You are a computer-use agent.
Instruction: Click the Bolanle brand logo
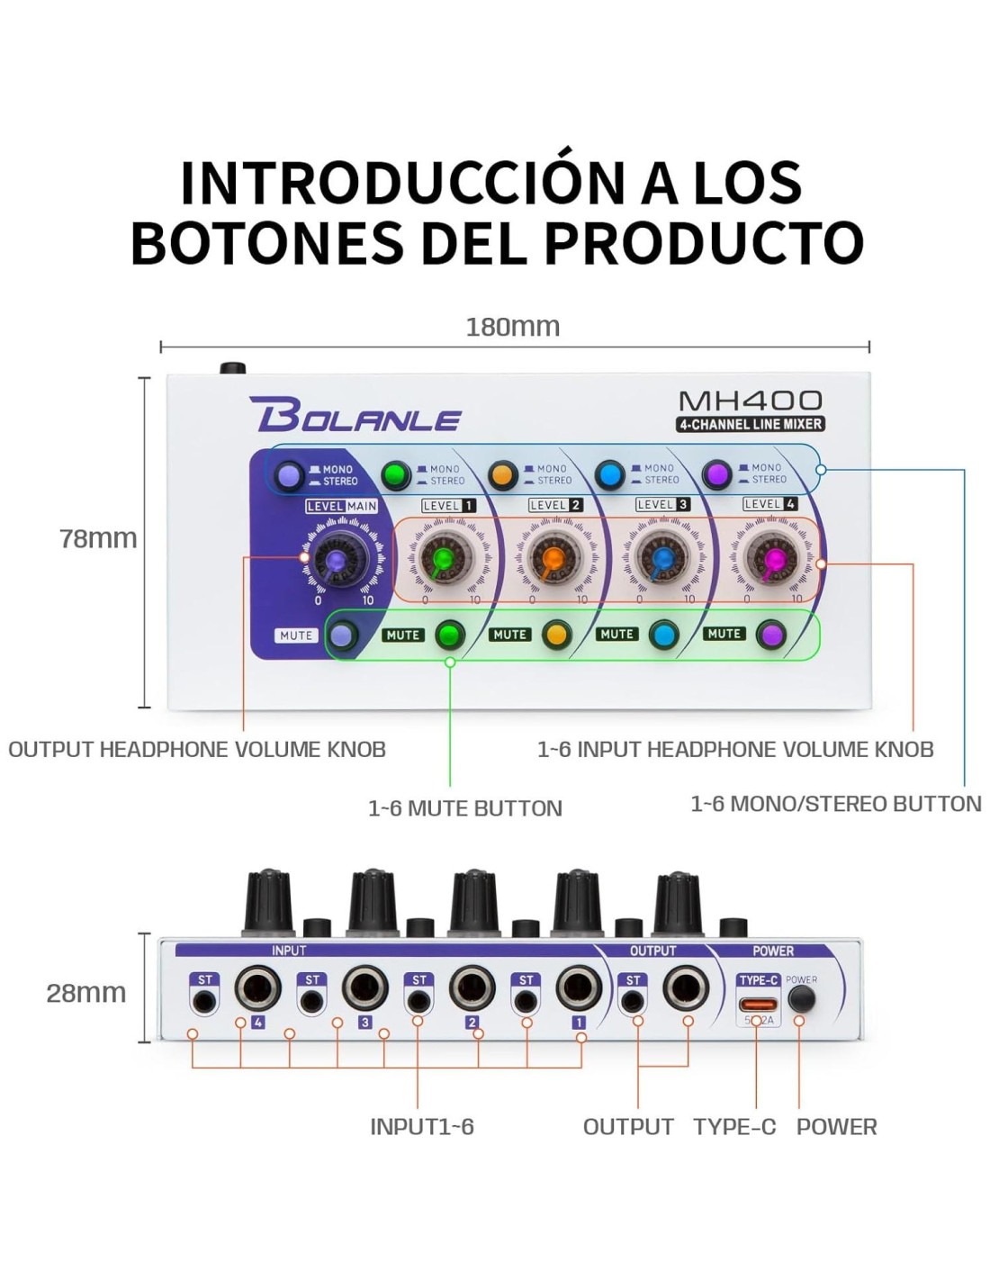point(355,415)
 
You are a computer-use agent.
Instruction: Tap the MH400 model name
point(750,401)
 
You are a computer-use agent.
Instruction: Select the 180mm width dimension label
point(512,327)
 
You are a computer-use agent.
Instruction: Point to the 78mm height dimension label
point(98,538)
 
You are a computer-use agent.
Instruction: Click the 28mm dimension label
point(86,993)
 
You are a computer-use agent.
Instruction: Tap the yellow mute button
point(556,635)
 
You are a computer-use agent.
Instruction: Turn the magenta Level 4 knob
point(771,559)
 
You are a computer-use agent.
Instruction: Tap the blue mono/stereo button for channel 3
point(609,474)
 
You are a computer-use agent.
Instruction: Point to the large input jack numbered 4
point(257,989)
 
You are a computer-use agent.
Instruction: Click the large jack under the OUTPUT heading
point(686,989)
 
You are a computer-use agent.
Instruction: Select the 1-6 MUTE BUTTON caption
point(464,808)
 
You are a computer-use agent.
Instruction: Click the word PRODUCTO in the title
point(704,242)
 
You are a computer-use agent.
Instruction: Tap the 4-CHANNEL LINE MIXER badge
point(750,424)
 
